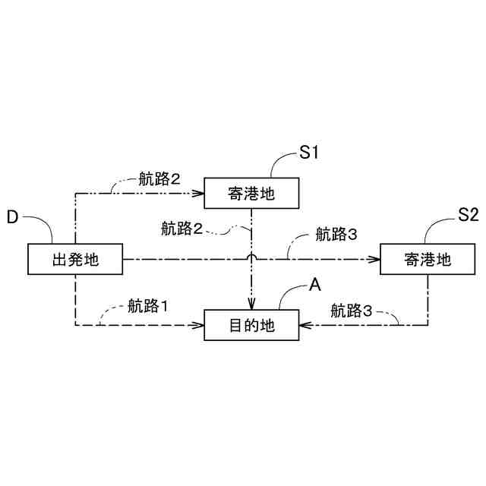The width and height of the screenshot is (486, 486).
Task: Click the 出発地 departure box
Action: tap(75, 260)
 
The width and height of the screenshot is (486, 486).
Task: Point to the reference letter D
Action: tap(12, 217)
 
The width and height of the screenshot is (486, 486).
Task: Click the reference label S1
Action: tap(308, 153)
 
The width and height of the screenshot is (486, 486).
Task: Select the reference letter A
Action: tap(315, 284)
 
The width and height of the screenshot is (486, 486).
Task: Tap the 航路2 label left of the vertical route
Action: tap(182, 227)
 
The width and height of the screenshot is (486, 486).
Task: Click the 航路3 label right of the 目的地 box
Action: tap(352, 310)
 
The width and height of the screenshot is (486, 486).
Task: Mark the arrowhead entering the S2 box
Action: tap(375, 260)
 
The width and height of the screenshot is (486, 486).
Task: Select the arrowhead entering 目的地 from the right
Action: tap(304, 326)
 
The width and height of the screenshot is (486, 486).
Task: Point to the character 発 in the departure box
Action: tap(75, 260)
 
